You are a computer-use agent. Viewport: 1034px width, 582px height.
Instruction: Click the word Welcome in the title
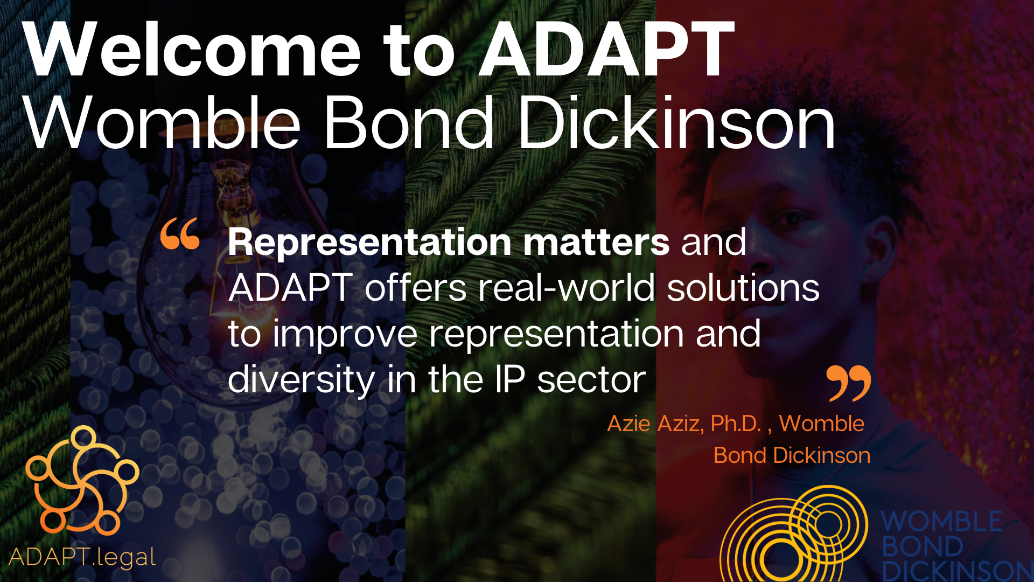point(191,51)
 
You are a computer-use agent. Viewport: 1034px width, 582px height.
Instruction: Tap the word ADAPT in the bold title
point(606,51)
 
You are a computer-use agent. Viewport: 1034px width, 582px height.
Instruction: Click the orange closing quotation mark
point(848,383)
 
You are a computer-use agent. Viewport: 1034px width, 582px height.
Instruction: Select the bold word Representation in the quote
point(369,242)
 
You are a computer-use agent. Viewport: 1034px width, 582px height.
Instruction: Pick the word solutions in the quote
point(743,288)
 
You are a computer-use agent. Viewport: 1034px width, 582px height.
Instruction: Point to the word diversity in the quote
point(301,380)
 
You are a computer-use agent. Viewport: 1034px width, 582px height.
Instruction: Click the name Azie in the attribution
point(628,424)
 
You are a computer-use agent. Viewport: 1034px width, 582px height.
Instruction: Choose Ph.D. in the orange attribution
point(736,424)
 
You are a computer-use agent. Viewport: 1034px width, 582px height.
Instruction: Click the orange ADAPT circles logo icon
point(82,480)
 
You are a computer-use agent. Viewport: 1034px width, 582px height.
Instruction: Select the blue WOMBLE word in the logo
point(941,521)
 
